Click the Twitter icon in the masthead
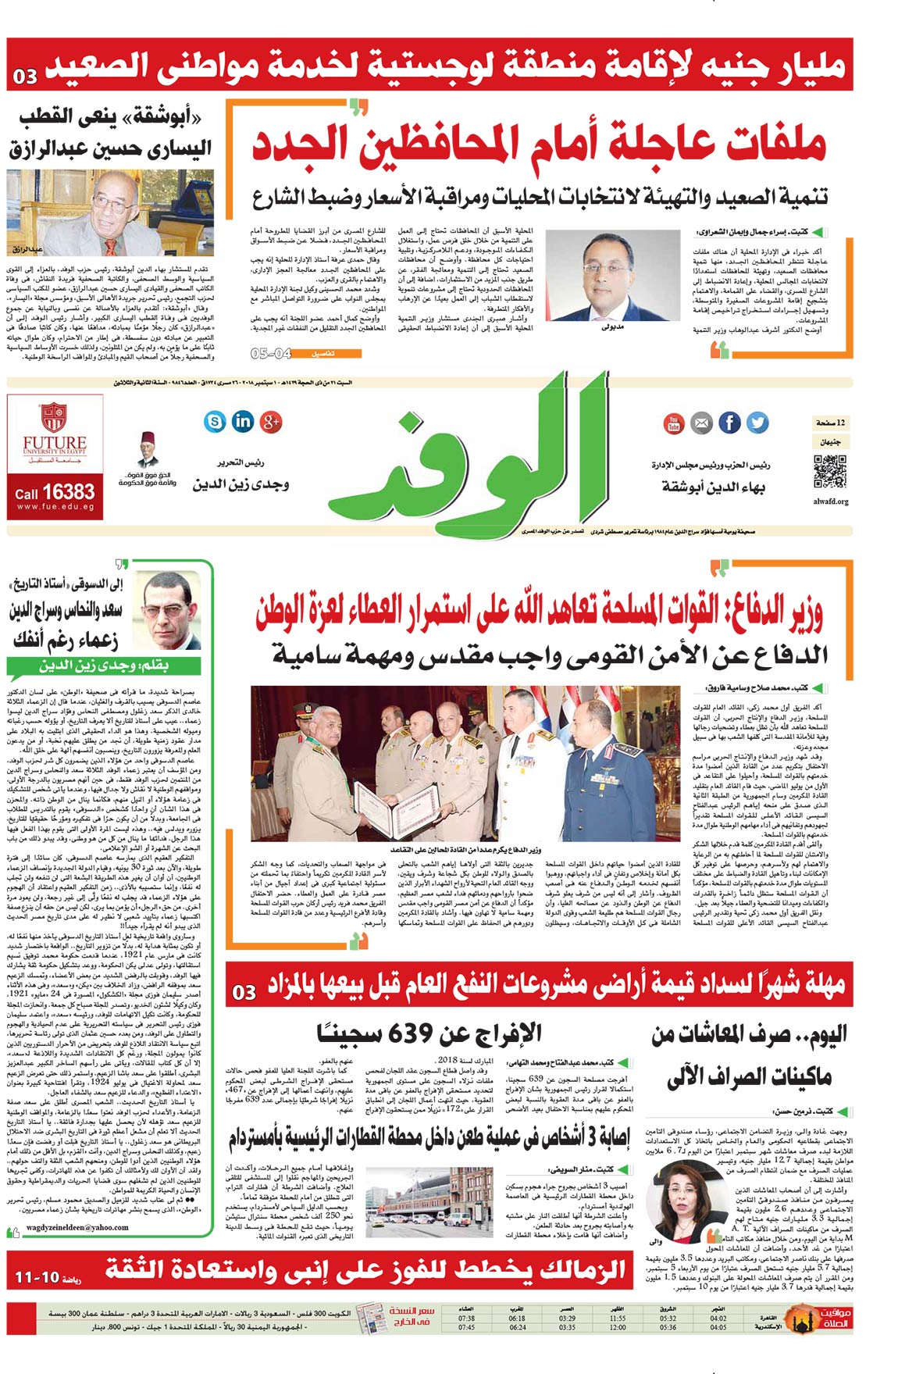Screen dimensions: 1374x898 (757, 423)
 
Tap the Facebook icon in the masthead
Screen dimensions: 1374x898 (729, 423)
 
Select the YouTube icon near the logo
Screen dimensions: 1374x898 (673, 423)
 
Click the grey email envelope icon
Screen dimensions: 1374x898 (700, 423)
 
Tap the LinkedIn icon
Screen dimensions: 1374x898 (243, 421)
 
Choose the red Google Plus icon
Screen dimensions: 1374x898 (270, 422)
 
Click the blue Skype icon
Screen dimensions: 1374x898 (215, 422)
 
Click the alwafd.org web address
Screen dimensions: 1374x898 (830, 501)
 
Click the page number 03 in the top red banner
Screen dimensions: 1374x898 (25, 77)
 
